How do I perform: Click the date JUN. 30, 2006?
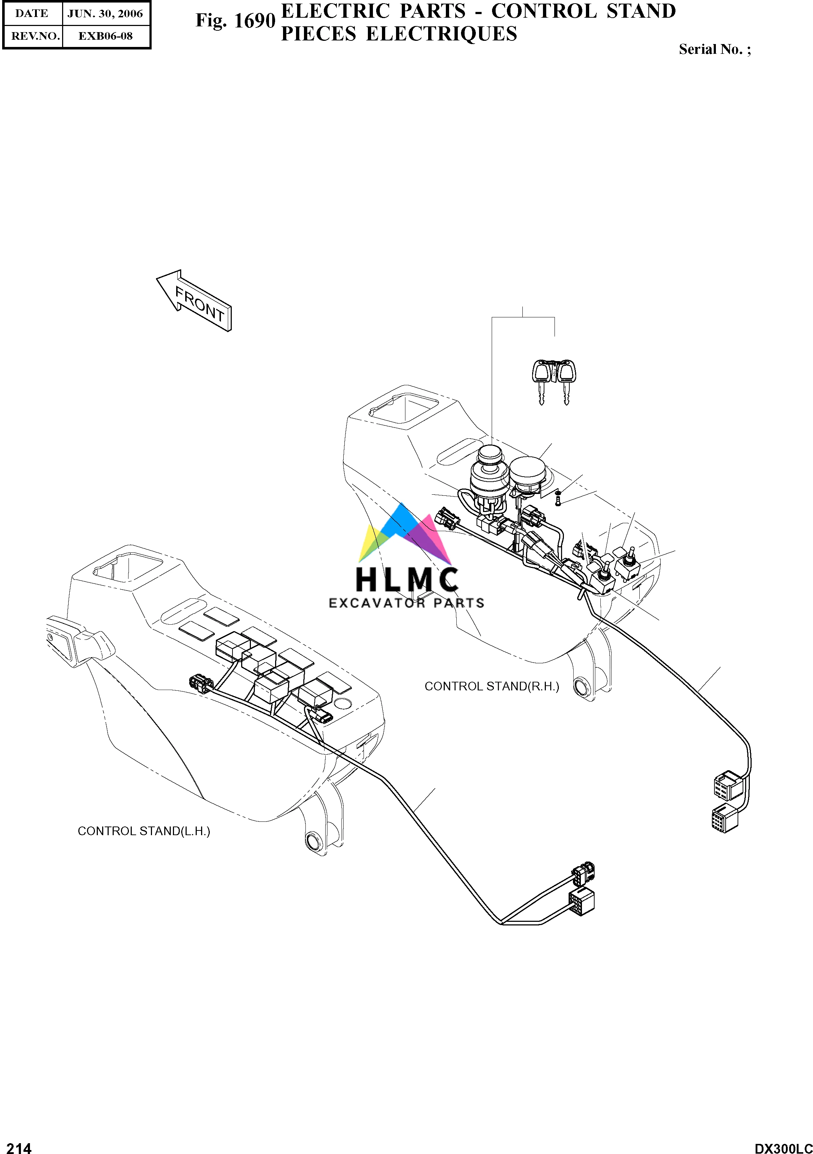tap(105, 14)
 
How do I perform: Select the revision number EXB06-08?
tap(105, 36)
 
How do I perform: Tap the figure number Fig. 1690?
tap(235, 21)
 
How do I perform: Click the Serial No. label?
tap(714, 49)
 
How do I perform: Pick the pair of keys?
tap(553, 381)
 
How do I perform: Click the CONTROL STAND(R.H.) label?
tap(491, 686)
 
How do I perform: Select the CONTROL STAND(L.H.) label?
tap(144, 831)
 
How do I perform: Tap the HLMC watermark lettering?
tap(406, 579)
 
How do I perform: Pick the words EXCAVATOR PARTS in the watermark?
tap(406, 603)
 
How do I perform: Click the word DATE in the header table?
tap(32, 14)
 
